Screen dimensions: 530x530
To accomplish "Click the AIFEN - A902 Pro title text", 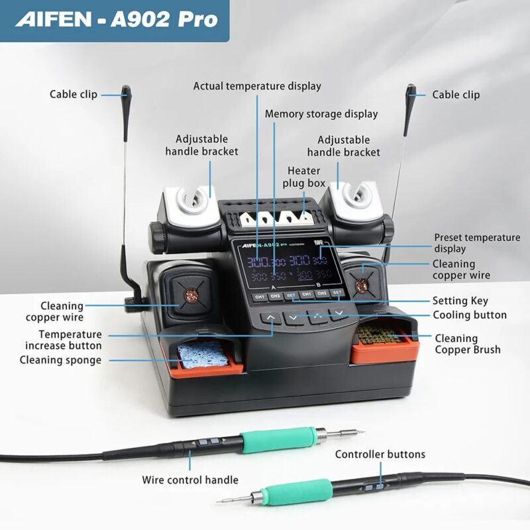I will pyautogui.click(x=116, y=19).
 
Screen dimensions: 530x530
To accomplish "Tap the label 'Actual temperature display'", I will pyautogui.click(x=257, y=86).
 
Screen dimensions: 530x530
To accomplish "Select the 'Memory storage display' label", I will pyautogui.click(x=321, y=114).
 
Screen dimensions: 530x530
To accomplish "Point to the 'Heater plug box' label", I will pyautogui.click(x=303, y=176).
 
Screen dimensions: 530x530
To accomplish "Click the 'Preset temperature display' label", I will pyautogui.click(x=477, y=243).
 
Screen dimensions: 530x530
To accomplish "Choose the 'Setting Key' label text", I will pyautogui.click(x=460, y=301).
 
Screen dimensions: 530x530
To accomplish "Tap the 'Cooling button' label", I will pyautogui.click(x=469, y=315).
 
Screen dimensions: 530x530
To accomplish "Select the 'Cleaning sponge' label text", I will pyautogui.click(x=60, y=360).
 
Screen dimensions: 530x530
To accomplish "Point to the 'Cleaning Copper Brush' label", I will pyautogui.click(x=467, y=344).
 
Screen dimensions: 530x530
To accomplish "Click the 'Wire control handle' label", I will pyautogui.click(x=190, y=480).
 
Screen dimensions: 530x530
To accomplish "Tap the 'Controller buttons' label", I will pyautogui.click(x=380, y=454).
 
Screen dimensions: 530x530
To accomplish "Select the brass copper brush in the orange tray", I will pyautogui.click(x=384, y=333).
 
